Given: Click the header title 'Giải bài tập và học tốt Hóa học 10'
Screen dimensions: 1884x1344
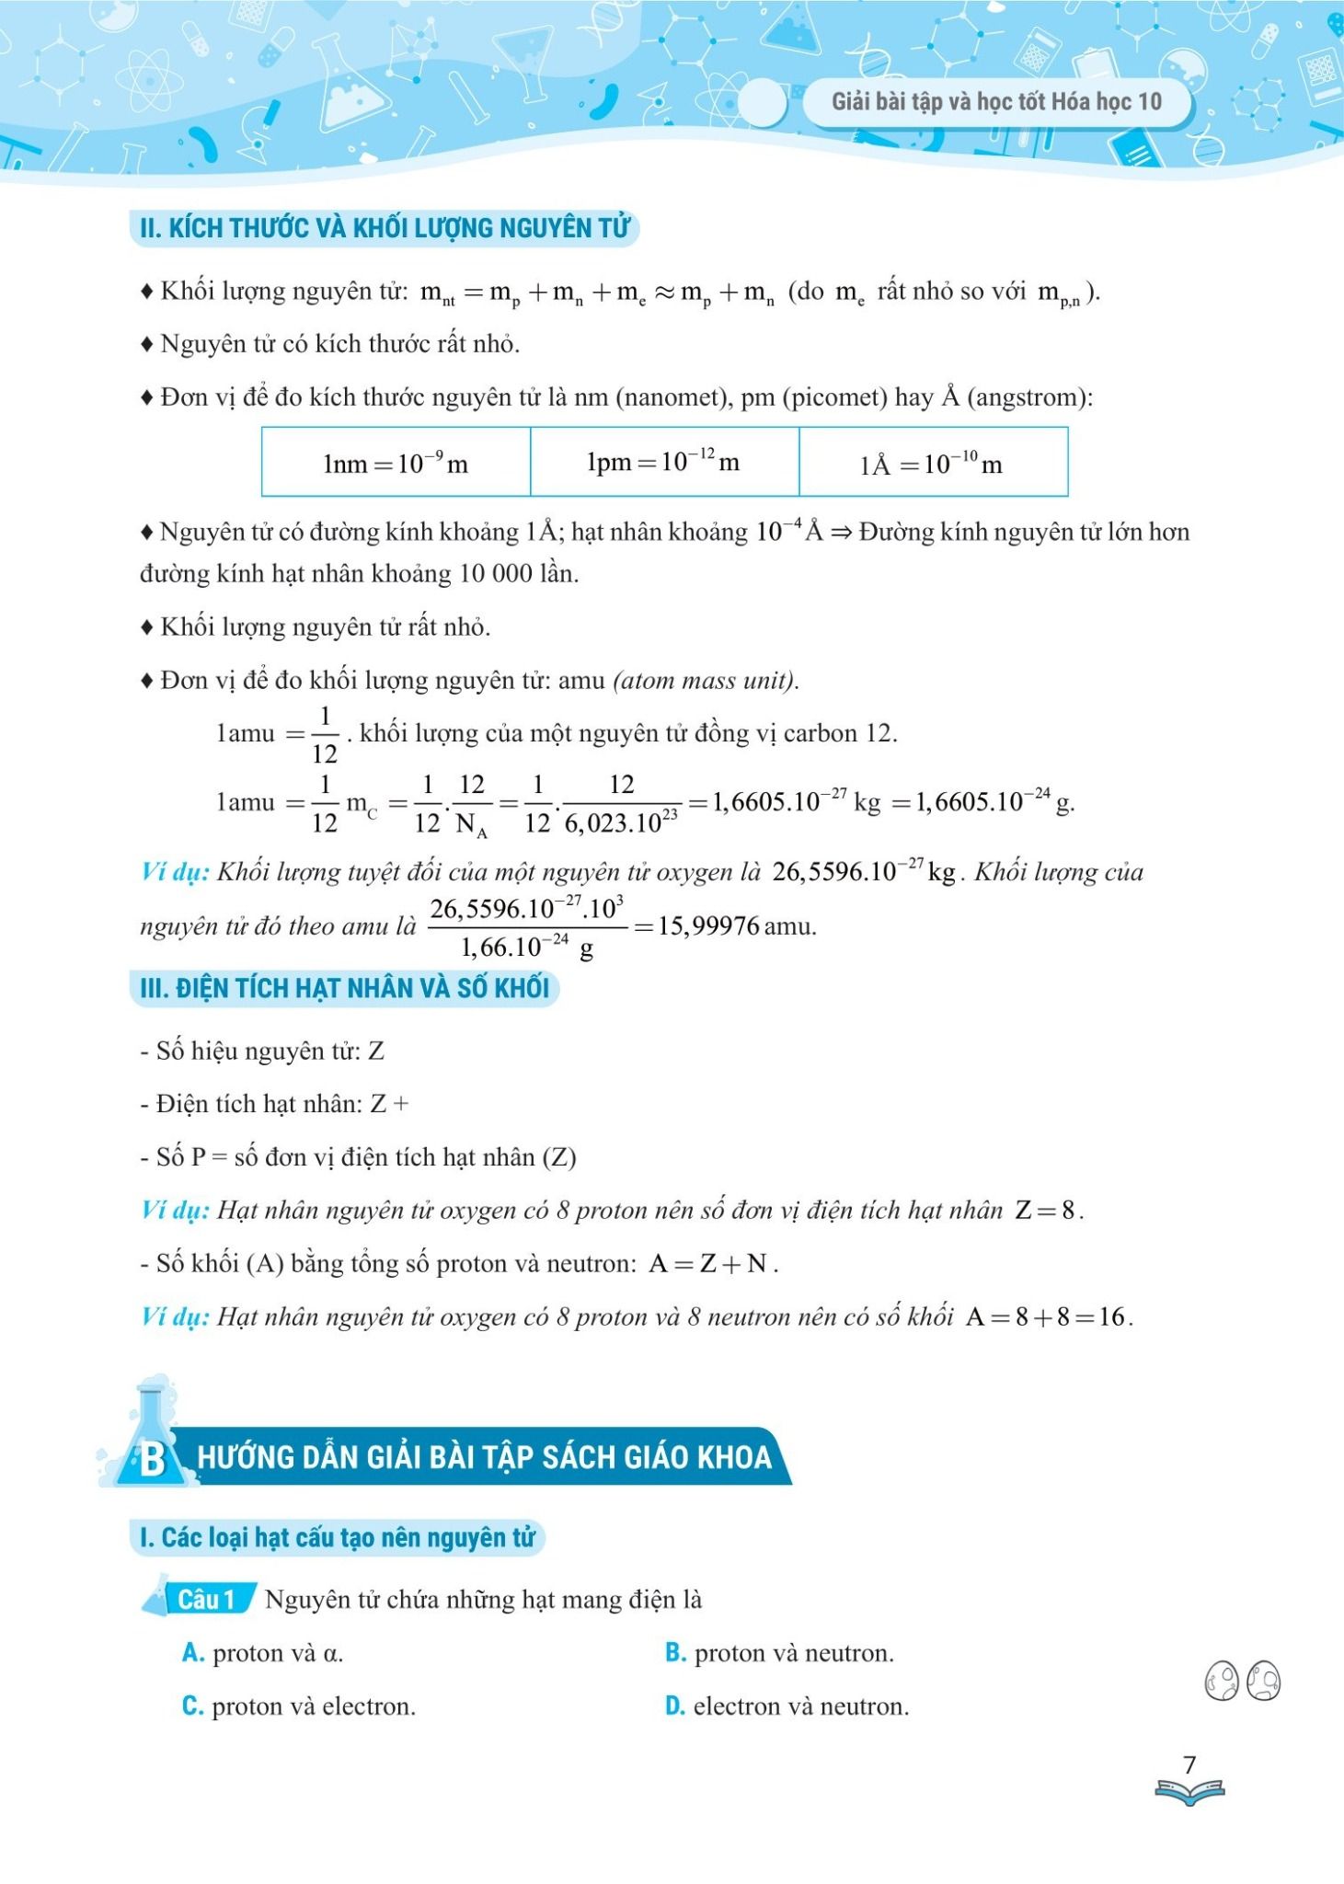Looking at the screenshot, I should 996,101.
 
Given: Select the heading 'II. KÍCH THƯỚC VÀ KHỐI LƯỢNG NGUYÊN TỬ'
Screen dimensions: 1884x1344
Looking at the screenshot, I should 385,228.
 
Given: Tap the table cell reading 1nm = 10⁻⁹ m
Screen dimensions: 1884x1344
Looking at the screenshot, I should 396,463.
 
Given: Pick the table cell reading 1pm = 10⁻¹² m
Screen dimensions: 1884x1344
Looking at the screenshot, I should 663,462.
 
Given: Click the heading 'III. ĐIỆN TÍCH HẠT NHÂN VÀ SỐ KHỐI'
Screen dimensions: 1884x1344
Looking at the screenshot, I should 344,988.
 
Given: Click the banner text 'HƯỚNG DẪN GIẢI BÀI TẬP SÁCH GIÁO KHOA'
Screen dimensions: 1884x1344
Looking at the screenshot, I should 485,1457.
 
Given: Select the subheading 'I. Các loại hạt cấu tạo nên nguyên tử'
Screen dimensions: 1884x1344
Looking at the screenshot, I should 337,1537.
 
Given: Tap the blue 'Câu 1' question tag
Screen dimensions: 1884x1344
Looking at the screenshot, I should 205,1600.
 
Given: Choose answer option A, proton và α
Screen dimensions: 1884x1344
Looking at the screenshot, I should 264,1653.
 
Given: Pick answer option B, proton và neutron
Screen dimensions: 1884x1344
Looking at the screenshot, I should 780,1653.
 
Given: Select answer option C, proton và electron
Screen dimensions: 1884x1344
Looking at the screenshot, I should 300,1706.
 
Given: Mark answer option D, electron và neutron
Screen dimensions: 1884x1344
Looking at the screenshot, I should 787,1706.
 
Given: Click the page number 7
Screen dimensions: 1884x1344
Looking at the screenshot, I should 1189,1764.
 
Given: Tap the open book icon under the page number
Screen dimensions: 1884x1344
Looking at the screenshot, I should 1189,1791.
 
